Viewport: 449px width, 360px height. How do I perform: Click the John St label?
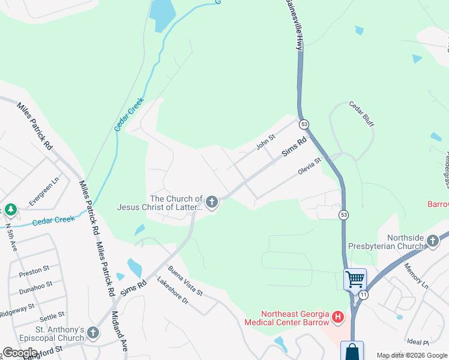pos(265,142)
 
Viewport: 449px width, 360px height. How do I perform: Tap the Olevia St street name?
pos(310,165)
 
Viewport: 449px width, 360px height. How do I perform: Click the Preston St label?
pos(30,273)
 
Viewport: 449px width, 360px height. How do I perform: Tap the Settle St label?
pos(52,316)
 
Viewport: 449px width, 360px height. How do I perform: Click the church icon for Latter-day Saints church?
pos(212,203)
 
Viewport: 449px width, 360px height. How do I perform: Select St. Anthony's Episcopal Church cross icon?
pos(92,332)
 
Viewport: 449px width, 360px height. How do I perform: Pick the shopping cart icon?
pos(355,279)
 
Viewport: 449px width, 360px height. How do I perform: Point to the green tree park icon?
pos(10,209)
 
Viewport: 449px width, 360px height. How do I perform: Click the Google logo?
pos(20,352)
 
